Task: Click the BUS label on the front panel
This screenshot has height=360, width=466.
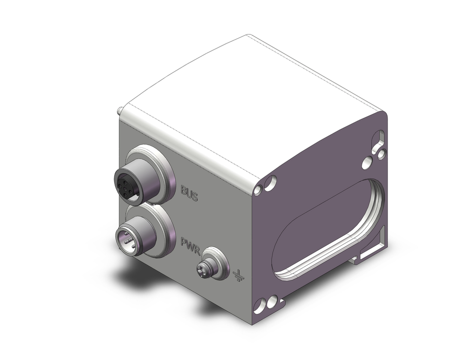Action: [189, 194]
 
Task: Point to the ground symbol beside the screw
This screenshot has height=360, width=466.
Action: [238, 276]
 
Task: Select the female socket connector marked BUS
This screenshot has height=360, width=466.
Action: [131, 183]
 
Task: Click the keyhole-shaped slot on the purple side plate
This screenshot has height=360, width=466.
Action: [380, 139]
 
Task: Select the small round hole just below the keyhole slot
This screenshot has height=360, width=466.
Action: [381, 153]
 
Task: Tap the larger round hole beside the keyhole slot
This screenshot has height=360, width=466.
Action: [367, 163]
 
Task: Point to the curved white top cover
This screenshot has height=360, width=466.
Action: [252, 103]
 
